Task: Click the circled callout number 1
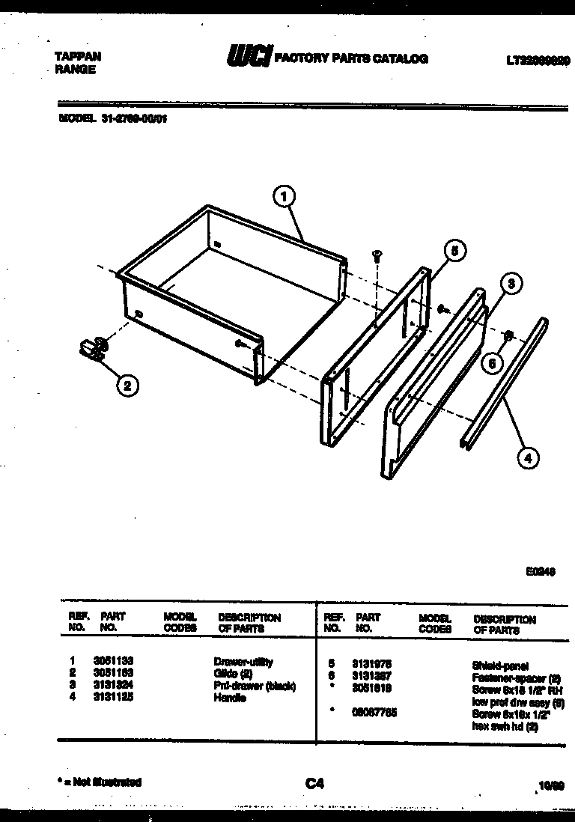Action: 283,197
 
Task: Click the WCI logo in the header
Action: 249,58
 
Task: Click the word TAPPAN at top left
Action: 78,57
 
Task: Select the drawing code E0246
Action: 539,570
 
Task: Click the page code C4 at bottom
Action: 314,784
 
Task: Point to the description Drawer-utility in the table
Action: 243,663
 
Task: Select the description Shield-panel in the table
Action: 500,665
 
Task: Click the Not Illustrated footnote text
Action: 99,782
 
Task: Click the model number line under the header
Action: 112,117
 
